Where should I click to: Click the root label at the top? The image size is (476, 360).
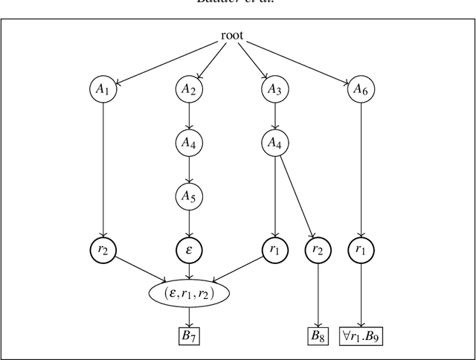tap(232, 36)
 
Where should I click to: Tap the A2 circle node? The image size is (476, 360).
tap(189, 89)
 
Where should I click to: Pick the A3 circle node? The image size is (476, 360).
tap(275, 89)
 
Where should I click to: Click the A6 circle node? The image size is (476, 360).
tap(361, 89)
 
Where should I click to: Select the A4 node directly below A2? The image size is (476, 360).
tap(189, 142)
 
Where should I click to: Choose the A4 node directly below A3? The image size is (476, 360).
tap(275, 142)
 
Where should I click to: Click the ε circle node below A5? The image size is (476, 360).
tap(189, 250)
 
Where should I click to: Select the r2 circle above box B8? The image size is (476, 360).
tap(318, 250)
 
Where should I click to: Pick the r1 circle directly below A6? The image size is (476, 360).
tap(361, 250)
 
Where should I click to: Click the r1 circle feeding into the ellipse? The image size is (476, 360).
tap(275, 250)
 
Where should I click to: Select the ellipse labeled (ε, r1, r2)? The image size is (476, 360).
tap(189, 293)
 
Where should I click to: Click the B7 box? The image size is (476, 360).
tap(189, 335)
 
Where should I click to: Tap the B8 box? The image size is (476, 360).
tap(318, 335)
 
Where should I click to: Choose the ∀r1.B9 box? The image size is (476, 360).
tap(361, 335)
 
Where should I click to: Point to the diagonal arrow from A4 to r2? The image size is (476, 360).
tap(297, 196)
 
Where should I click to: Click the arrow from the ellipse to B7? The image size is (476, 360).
tap(189, 316)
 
